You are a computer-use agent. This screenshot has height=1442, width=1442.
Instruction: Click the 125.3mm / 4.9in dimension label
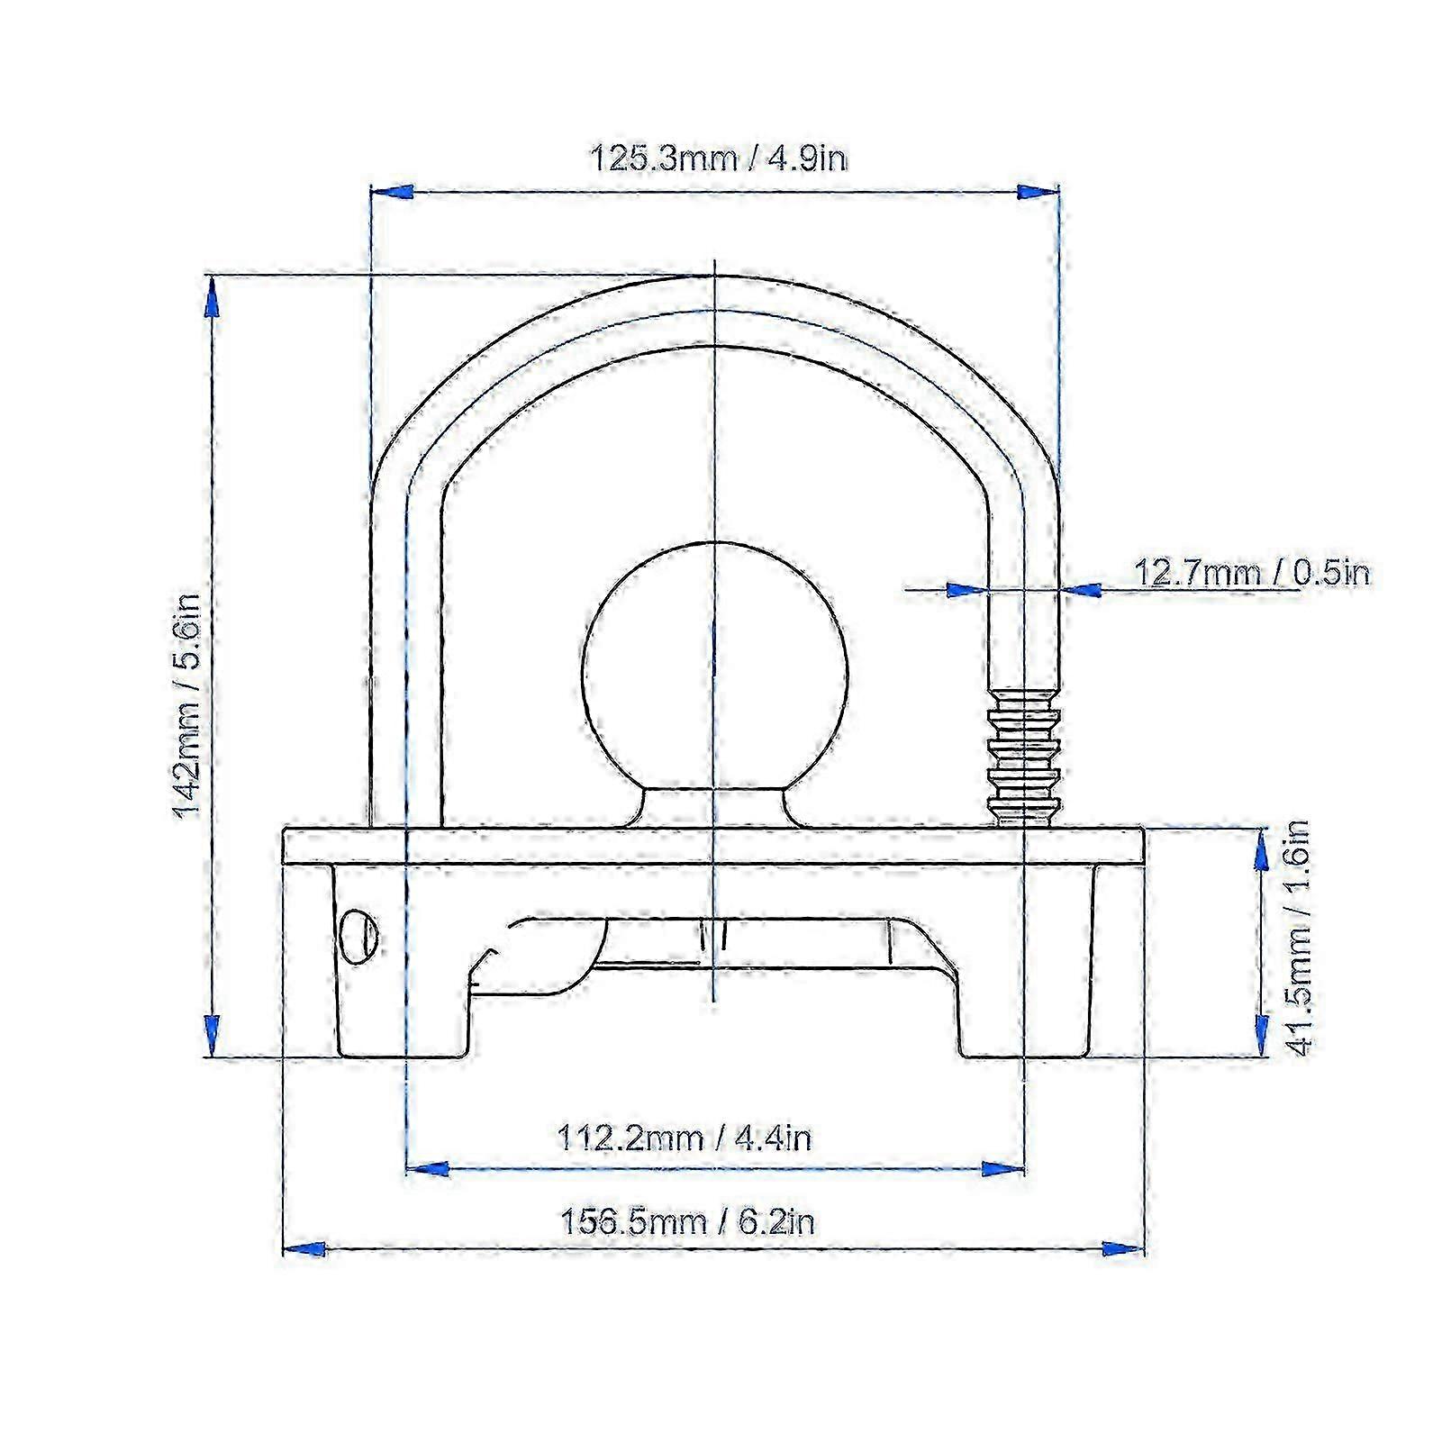click(x=718, y=159)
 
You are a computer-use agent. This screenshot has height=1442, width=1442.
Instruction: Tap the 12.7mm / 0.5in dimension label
click(x=1250, y=573)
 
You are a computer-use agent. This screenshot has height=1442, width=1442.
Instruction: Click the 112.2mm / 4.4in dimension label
click(x=685, y=1138)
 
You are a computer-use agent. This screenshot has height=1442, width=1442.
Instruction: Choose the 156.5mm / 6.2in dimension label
click(x=688, y=1222)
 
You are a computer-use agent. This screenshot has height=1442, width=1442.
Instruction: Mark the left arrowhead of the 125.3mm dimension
click(x=393, y=192)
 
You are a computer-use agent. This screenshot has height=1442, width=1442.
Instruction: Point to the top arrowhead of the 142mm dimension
click(x=213, y=297)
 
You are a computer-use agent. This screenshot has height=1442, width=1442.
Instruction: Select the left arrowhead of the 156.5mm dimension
click(x=304, y=1249)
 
